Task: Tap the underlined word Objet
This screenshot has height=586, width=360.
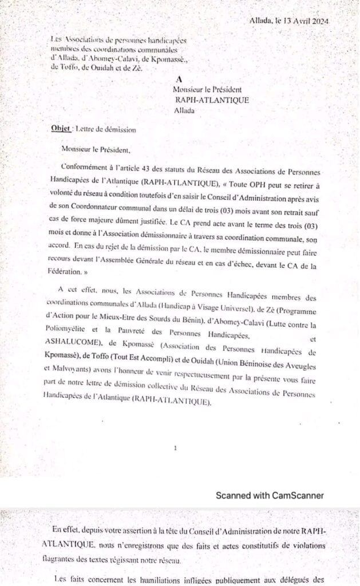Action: [60, 129]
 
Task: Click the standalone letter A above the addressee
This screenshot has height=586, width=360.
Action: [179, 80]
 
